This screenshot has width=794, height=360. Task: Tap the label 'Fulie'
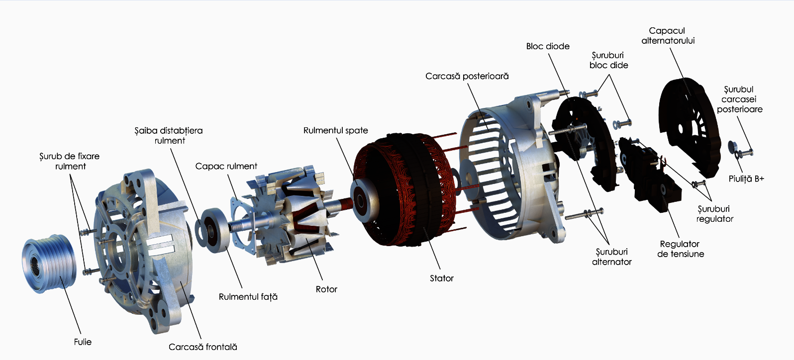[83, 342]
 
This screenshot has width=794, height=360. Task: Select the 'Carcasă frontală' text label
[202, 347]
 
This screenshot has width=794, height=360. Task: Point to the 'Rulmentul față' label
[248, 297]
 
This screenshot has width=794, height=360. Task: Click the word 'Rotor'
[326, 289]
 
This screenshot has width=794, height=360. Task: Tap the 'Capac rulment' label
[226, 166]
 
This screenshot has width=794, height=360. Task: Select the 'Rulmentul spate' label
[335, 130]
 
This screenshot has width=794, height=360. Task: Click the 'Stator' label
[441, 278]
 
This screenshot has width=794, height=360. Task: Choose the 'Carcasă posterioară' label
[467, 76]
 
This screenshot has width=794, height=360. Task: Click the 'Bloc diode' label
[547, 46]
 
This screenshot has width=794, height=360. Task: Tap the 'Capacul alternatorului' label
[668, 36]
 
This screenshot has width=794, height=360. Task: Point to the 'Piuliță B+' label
[746, 179]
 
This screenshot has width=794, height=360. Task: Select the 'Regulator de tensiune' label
[680, 249]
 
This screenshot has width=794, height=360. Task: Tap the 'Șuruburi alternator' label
[611, 257]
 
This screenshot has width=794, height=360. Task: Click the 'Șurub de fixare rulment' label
[70, 161]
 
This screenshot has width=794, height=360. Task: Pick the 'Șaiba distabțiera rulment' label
[169, 136]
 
